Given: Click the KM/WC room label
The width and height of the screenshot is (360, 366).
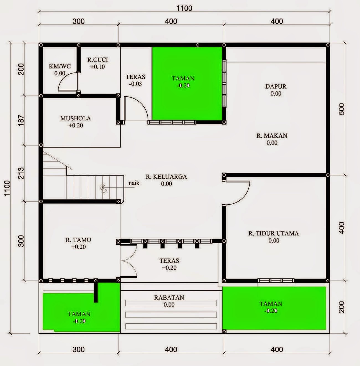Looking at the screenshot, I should click(60, 66).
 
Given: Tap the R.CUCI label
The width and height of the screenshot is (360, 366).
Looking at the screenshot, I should click(97, 60).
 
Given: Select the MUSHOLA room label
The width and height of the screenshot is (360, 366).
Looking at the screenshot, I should click(76, 118).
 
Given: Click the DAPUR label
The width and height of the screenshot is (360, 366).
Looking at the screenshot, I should click(276, 86).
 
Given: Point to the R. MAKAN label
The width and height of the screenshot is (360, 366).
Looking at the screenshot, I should click(272, 136).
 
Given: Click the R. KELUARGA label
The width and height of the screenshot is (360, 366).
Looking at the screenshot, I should click(166, 177).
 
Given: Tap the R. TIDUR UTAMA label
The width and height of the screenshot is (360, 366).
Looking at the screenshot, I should click(273, 233).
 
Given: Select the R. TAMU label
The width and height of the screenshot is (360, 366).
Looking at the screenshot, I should click(78, 240).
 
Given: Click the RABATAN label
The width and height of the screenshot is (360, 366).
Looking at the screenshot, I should click(169, 298).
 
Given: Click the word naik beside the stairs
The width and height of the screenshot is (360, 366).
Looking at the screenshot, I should click(134, 183).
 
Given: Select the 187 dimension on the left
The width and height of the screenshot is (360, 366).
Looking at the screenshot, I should click(21, 120).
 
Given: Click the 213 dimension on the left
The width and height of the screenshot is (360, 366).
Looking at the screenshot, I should click(21, 173).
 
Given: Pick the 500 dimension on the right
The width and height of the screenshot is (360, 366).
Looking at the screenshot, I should click(342, 109).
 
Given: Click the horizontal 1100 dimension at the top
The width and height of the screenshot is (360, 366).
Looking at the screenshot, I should click(184, 8).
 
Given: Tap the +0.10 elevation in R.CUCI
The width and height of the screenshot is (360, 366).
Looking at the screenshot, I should click(97, 67).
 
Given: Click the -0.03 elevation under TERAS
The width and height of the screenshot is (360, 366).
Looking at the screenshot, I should click(135, 84).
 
